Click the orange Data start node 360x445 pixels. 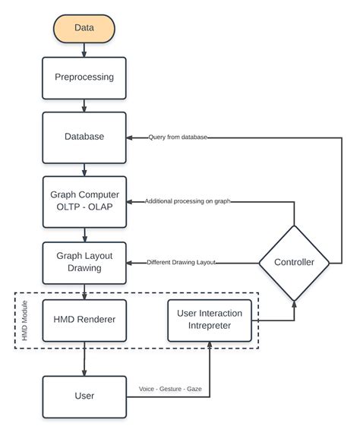tap(84, 29)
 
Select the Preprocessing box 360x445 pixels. tap(84, 78)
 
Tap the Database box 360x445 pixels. tap(84, 137)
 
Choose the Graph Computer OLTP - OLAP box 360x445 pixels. tap(84, 202)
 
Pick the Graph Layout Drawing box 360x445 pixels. tap(84, 263)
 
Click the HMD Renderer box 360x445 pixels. tap(84, 320)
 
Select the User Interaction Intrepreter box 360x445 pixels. tap(210, 320)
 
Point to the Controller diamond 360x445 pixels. tap(294, 263)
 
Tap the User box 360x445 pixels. tap(84, 396)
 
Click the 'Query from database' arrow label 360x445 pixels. tap(178, 137)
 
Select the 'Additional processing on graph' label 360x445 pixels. tap(188, 201)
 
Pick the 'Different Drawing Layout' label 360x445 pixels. tap(181, 262)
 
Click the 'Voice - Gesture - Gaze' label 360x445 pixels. tap(170, 389)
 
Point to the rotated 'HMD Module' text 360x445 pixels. tap(25, 320)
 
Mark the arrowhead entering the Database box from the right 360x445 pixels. tap(129, 137)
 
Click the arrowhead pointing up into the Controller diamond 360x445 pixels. tap(294, 304)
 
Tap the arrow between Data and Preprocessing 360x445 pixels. tap(84, 50)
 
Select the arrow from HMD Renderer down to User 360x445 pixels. tap(84, 358)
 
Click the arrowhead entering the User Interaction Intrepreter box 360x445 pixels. tap(210, 345)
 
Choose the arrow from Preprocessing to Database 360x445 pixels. tap(84, 106)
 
